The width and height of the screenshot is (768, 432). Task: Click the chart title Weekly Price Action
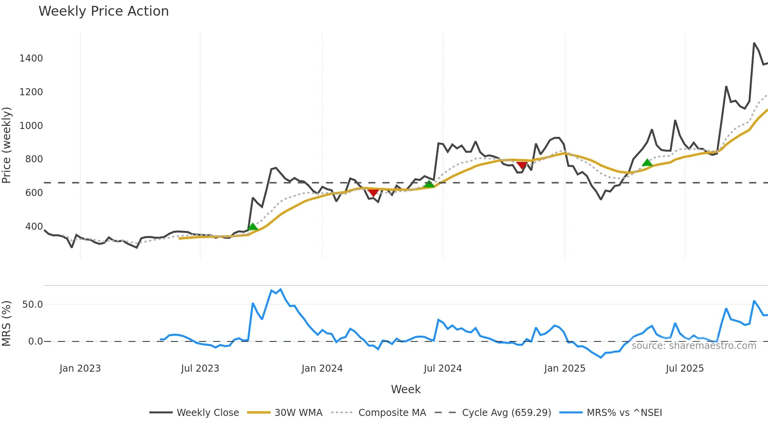[103, 11]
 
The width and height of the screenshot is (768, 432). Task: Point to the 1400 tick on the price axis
[31, 58]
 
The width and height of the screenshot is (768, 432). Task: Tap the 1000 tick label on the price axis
[31, 126]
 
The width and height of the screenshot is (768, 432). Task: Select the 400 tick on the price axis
[34, 227]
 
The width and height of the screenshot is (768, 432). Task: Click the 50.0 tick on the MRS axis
[32, 305]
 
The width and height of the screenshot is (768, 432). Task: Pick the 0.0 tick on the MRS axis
[35, 341]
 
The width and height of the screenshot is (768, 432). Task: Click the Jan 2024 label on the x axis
[322, 368]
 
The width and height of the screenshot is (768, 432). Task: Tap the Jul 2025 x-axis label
[685, 368]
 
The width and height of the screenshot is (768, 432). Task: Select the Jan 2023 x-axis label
[80, 368]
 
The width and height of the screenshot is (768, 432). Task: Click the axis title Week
[406, 389]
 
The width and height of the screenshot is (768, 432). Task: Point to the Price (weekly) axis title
[7, 145]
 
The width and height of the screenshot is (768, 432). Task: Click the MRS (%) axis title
[7, 323]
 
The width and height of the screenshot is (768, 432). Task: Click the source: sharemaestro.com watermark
[694, 346]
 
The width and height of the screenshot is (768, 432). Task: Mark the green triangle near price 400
[253, 227]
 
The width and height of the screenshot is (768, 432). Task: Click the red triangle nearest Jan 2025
[522, 165]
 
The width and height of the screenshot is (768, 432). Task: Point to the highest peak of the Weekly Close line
[754, 43]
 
